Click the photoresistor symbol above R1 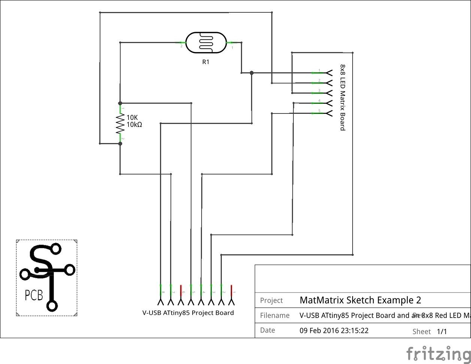pos(206,43)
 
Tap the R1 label pos(206,62)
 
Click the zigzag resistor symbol pos(120,124)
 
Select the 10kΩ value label pos(135,125)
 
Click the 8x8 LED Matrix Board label pos(342,97)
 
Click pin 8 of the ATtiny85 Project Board pos(160,295)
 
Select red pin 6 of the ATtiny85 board pos(181,295)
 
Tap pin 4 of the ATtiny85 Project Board pos(201,295)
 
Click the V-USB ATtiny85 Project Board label pos(188,313)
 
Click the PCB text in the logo pos(34,295)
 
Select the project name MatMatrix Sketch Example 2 pos(360,300)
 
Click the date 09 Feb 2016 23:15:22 pos(334,331)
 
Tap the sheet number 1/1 pos(442,331)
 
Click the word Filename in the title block pos(275,316)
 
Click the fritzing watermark pos(438,354)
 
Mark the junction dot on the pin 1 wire pos(251,73)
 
